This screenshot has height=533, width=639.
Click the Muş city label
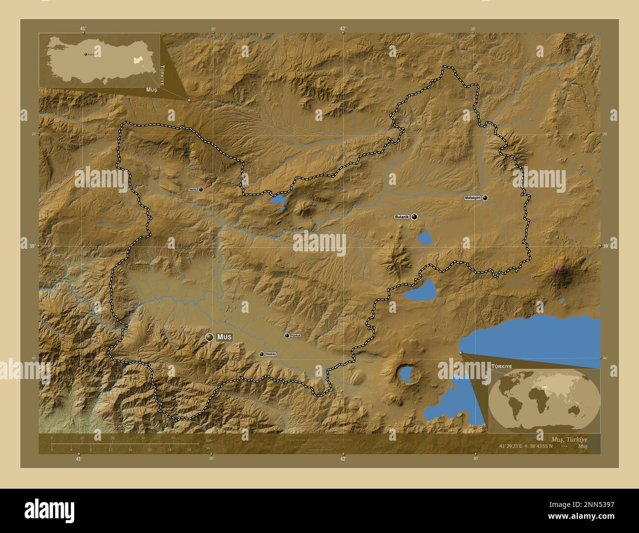click(x=224, y=337)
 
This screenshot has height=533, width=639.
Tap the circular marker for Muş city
click(x=210, y=337)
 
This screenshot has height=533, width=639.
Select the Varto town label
click(x=193, y=189)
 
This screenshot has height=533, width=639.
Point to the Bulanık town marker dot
click(x=414, y=216)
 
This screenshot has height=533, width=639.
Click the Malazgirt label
click(x=472, y=198)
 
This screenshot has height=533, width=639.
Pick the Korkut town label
click(x=295, y=335)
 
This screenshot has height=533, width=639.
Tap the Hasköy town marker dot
click(x=261, y=354)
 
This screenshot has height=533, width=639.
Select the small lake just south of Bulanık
click(x=424, y=238)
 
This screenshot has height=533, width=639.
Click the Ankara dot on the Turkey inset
click(x=85, y=54)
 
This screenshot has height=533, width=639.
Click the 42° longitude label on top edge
click(x=343, y=29)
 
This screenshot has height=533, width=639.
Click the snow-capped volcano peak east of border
click(x=560, y=271)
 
